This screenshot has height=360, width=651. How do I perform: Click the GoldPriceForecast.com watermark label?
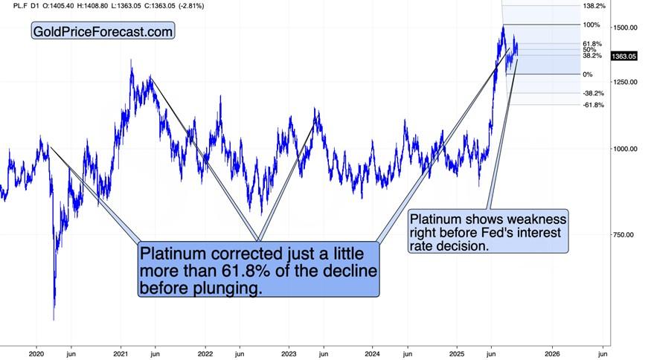(x=103, y=32)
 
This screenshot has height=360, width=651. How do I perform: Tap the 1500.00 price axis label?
(x=623, y=28)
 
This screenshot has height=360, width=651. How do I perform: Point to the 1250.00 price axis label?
(x=623, y=82)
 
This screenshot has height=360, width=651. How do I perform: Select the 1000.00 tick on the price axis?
(x=623, y=150)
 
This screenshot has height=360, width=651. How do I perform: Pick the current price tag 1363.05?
(x=623, y=57)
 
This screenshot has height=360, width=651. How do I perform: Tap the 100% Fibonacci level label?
(x=591, y=25)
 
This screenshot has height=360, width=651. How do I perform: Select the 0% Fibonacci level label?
(x=587, y=74)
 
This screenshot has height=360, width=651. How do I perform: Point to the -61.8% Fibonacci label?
(x=593, y=106)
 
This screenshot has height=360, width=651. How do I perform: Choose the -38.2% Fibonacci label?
(x=593, y=94)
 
